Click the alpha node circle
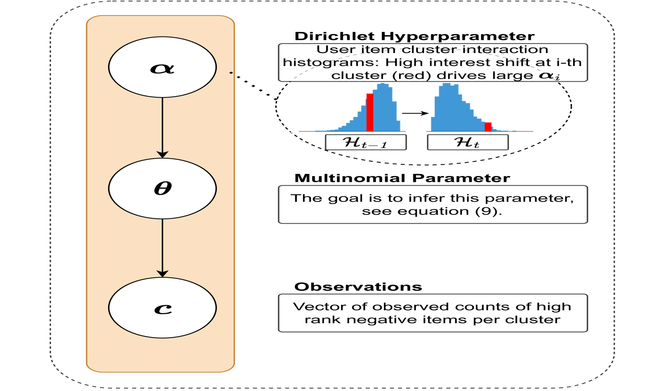[x=162, y=67]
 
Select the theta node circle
[x=162, y=188]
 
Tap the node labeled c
[x=162, y=308]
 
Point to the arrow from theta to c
[x=162, y=247]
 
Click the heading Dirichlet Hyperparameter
[x=414, y=36]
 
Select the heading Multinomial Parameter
[x=402, y=178]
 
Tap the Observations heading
[x=358, y=287]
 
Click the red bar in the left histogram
[x=370, y=112]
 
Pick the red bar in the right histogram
[x=488, y=127]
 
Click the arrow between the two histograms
[x=415, y=114]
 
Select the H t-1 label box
[x=365, y=142]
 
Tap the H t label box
[x=468, y=142]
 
